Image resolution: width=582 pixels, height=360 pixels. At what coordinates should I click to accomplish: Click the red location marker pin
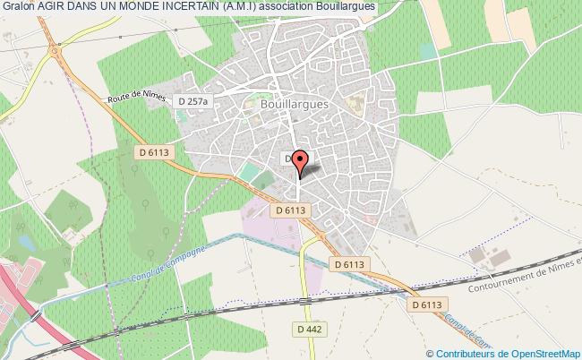(x=300, y=162)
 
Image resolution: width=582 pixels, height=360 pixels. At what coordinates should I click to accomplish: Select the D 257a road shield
(x=192, y=101)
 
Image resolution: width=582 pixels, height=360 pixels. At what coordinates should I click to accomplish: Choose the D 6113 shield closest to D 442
(x=349, y=264)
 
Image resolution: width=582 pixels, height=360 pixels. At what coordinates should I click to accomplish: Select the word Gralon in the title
(x=19, y=7)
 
